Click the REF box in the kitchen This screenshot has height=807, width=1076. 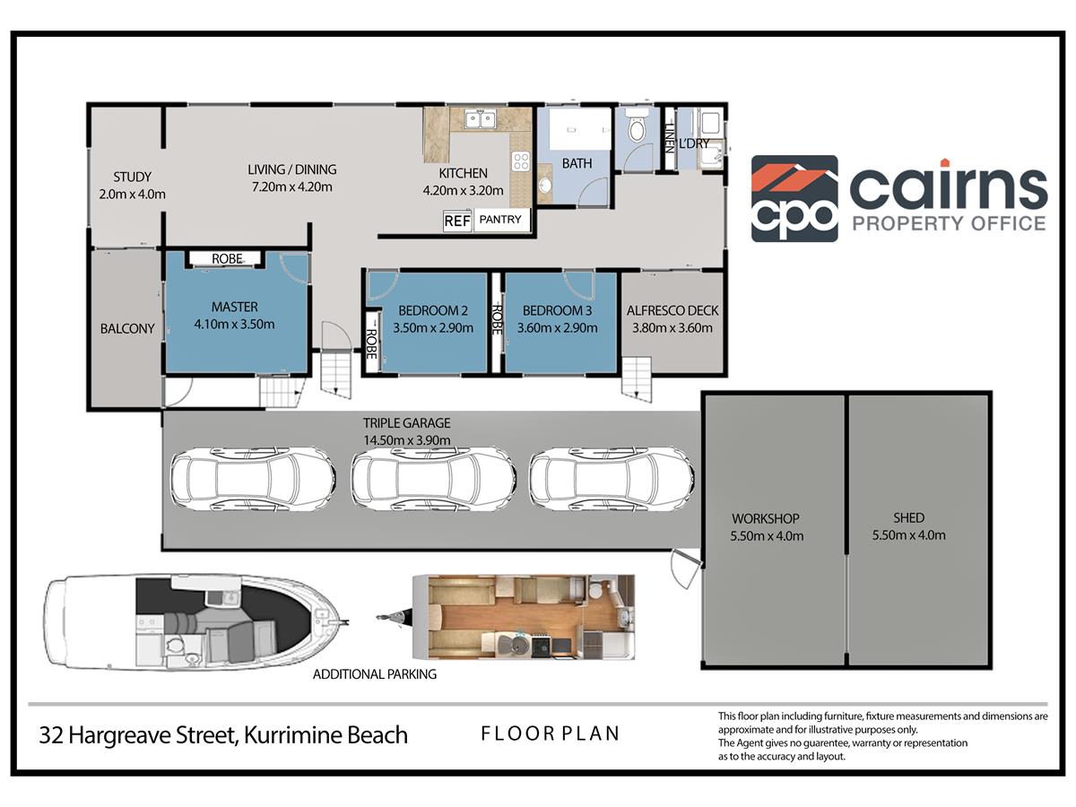pyautogui.click(x=457, y=221)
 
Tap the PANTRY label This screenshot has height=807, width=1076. pyautogui.click(x=500, y=220)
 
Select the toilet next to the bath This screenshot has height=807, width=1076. pyautogui.click(x=637, y=126)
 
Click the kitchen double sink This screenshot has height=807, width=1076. pyautogui.click(x=481, y=119)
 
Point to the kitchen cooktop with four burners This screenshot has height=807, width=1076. pyautogui.click(x=521, y=161)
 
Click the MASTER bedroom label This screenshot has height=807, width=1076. pyautogui.click(x=234, y=308)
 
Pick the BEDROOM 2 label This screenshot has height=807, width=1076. pyautogui.click(x=433, y=310)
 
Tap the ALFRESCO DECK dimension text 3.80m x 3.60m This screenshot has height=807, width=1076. pyautogui.click(x=672, y=328)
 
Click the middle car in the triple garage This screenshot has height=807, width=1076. pyautogui.click(x=433, y=478)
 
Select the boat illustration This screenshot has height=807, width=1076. pyautogui.click(x=196, y=621)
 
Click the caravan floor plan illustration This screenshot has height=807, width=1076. pyautogui.click(x=524, y=618)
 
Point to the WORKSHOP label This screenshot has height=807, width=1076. pyautogui.click(x=766, y=518)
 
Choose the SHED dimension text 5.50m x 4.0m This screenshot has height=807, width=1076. pyautogui.click(x=909, y=535)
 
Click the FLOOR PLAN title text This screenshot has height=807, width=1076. pyautogui.click(x=550, y=733)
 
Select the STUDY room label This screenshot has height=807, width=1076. pyautogui.click(x=133, y=177)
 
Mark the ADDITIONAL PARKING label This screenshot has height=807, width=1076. pyautogui.click(x=375, y=674)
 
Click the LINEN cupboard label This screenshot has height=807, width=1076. pyautogui.click(x=669, y=137)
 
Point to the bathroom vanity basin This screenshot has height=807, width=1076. pyautogui.click(x=545, y=185)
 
